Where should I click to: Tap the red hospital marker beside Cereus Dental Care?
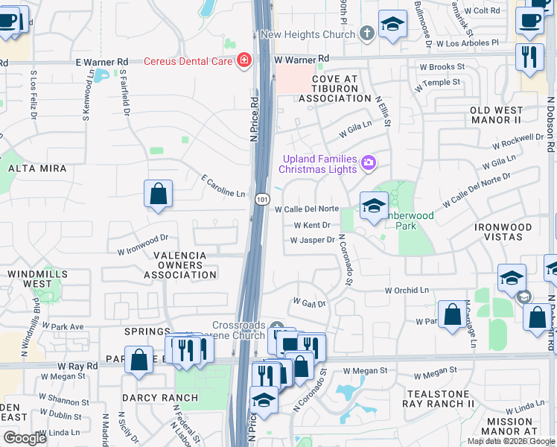click(244, 61)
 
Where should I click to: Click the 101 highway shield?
click(262, 199)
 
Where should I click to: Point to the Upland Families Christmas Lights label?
click(319, 163)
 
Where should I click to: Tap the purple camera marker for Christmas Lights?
click(368, 162)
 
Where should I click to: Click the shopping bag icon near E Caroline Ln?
click(159, 195)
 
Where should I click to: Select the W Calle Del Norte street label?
click(307, 209)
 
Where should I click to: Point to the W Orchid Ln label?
click(407, 290)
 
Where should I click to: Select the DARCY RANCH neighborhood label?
click(160, 398)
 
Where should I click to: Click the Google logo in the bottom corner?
click(25, 438)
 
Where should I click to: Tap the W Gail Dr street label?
click(309, 304)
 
